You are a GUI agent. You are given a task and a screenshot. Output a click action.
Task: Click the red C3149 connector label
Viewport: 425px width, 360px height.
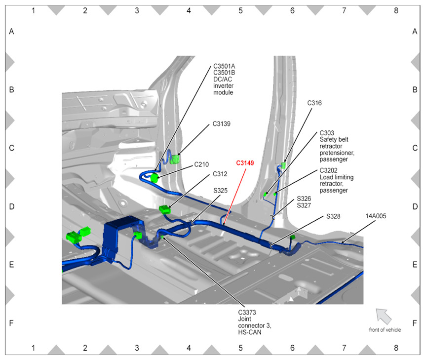(x=245, y=162)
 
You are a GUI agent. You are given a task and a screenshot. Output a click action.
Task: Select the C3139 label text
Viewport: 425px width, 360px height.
(x=222, y=124)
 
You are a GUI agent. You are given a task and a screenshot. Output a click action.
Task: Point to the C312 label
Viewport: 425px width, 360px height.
(x=220, y=174)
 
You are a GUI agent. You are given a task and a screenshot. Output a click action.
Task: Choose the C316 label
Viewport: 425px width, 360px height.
(x=314, y=103)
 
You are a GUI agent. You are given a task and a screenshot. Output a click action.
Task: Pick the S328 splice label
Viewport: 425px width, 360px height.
(x=334, y=217)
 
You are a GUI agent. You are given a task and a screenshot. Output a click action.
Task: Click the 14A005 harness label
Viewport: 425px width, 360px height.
(x=376, y=216)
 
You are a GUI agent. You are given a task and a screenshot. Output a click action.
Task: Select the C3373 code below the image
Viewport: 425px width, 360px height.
(x=247, y=313)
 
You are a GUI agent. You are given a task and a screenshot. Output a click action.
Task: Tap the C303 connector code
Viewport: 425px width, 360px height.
(x=327, y=133)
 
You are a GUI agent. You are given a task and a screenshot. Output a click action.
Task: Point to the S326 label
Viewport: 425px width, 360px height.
(x=304, y=198)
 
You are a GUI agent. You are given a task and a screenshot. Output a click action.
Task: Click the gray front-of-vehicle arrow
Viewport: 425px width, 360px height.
(x=383, y=315)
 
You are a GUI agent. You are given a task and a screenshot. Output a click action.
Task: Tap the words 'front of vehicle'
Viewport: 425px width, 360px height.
(x=385, y=329)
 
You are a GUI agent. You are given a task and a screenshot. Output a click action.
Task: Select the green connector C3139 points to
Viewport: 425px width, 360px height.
(x=175, y=159)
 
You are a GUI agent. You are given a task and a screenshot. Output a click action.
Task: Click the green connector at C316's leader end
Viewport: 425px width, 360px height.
(x=284, y=165)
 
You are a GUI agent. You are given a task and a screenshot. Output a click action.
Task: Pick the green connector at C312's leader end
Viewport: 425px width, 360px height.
(x=165, y=210)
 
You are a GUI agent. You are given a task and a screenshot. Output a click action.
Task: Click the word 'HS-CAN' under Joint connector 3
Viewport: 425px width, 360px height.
(x=249, y=332)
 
